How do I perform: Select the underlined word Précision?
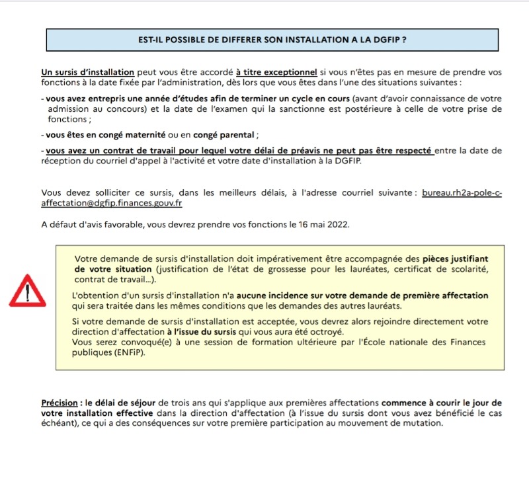(59, 403)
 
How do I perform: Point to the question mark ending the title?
(403, 40)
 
